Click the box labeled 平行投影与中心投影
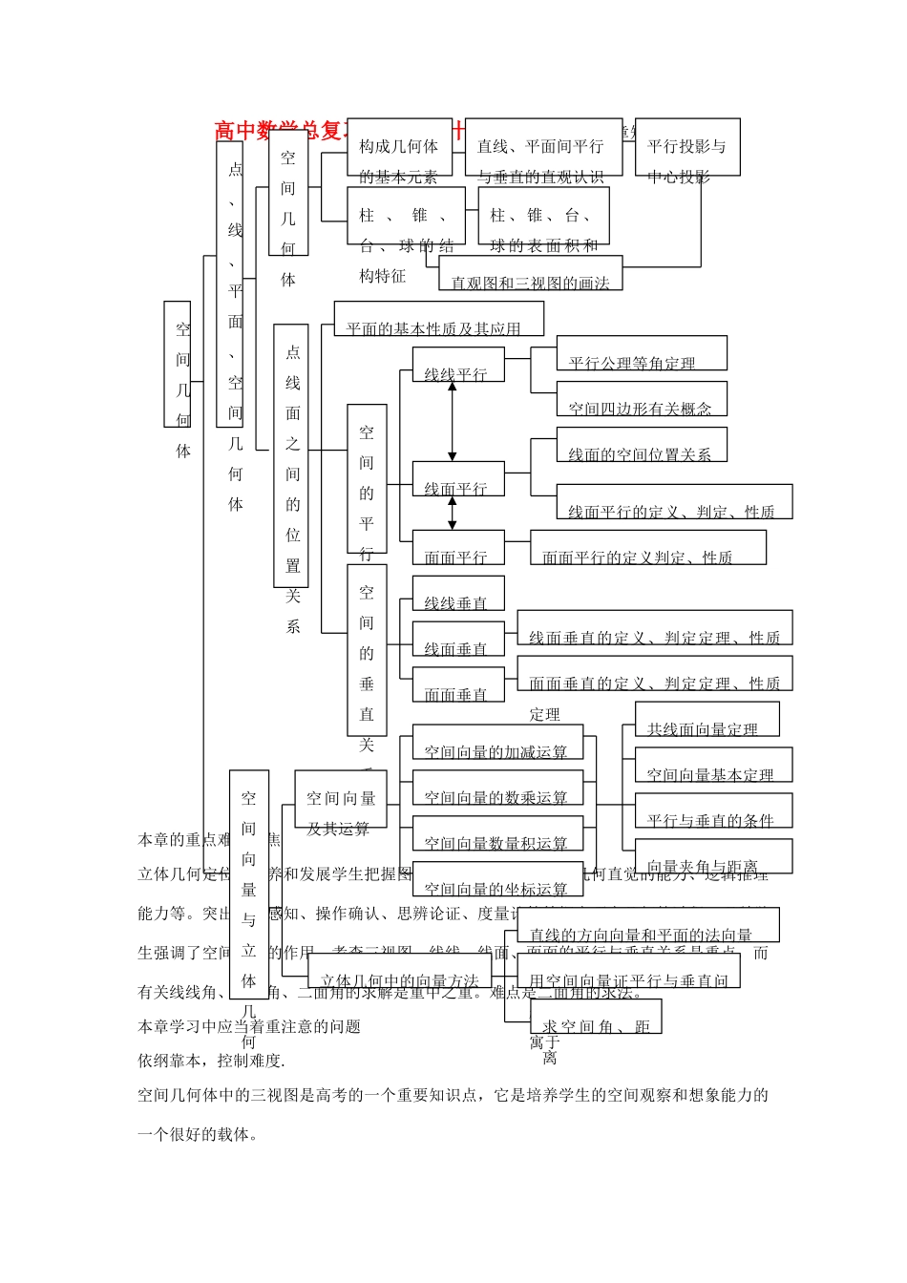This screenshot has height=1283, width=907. tap(686, 147)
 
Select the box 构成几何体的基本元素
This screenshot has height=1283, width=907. tap(399, 147)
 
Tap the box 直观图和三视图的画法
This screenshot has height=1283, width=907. tap(530, 273)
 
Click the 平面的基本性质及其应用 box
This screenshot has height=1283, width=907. tap(438, 319)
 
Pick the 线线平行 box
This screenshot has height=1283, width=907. tap(457, 365)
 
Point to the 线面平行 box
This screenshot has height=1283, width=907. tap(457, 479)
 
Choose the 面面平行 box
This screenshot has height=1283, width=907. tap(457, 548)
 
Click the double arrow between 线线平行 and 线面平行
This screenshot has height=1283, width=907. tap(453, 422)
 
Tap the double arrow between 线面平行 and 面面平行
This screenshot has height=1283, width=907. tap(453, 513)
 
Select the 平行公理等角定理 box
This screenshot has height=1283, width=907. tap(641, 353)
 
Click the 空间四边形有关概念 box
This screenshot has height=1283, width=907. tap(641, 399)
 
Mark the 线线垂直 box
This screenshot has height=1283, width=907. tap(457, 594)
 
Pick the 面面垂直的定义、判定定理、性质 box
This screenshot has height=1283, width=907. tap(654, 674)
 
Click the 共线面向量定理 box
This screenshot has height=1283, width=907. tap(707, 720)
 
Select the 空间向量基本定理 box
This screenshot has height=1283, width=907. tap(712, 766)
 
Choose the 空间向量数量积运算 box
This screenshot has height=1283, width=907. tap(496, 834)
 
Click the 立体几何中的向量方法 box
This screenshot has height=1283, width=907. tap(399, 972)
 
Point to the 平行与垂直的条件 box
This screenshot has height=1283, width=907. tap(712, 811)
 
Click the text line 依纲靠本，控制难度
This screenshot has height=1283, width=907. tap(211, 1061)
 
